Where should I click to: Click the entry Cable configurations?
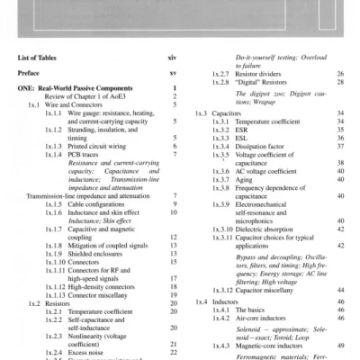click(x=103, y=203)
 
